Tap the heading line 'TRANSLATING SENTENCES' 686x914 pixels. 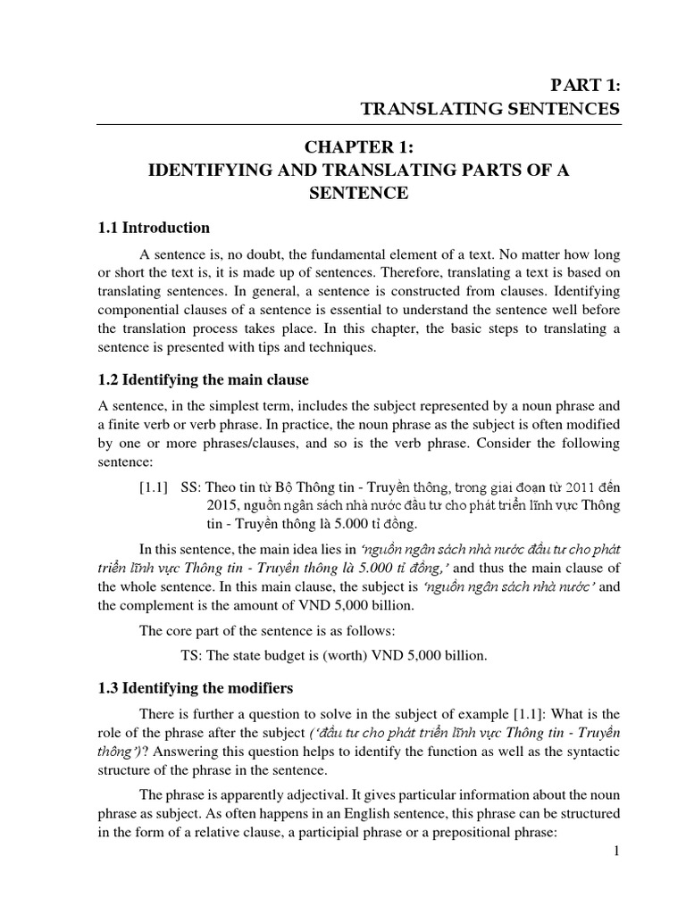tap(490, 110)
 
